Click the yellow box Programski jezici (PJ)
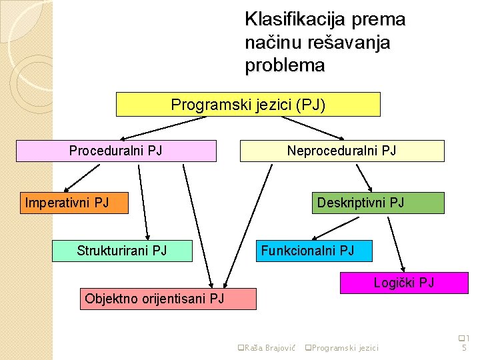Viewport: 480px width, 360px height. click(x=248, y=105)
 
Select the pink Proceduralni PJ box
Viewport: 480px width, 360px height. click(x=116, y=151)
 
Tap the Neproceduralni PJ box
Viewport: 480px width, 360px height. click(x=341, y=151)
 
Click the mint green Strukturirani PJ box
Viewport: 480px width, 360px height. click(x=122, y=251)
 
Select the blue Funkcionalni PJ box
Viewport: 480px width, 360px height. click(x=315, y=251)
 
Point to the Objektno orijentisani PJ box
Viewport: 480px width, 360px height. click(x=167, y=299)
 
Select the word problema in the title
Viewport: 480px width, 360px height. click(x=285, y=66)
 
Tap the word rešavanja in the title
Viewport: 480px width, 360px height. click(x=346, y=43)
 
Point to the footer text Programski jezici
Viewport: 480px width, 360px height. click(x=344, y=347)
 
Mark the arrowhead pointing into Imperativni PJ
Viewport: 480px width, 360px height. click(x=67, y=189)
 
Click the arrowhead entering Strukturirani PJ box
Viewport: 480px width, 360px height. click(x=151, y=236)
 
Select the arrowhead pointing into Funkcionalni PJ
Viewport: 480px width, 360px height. click(x=319, y=237)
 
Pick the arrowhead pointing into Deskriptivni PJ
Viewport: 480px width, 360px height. click(x=369, y=188)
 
